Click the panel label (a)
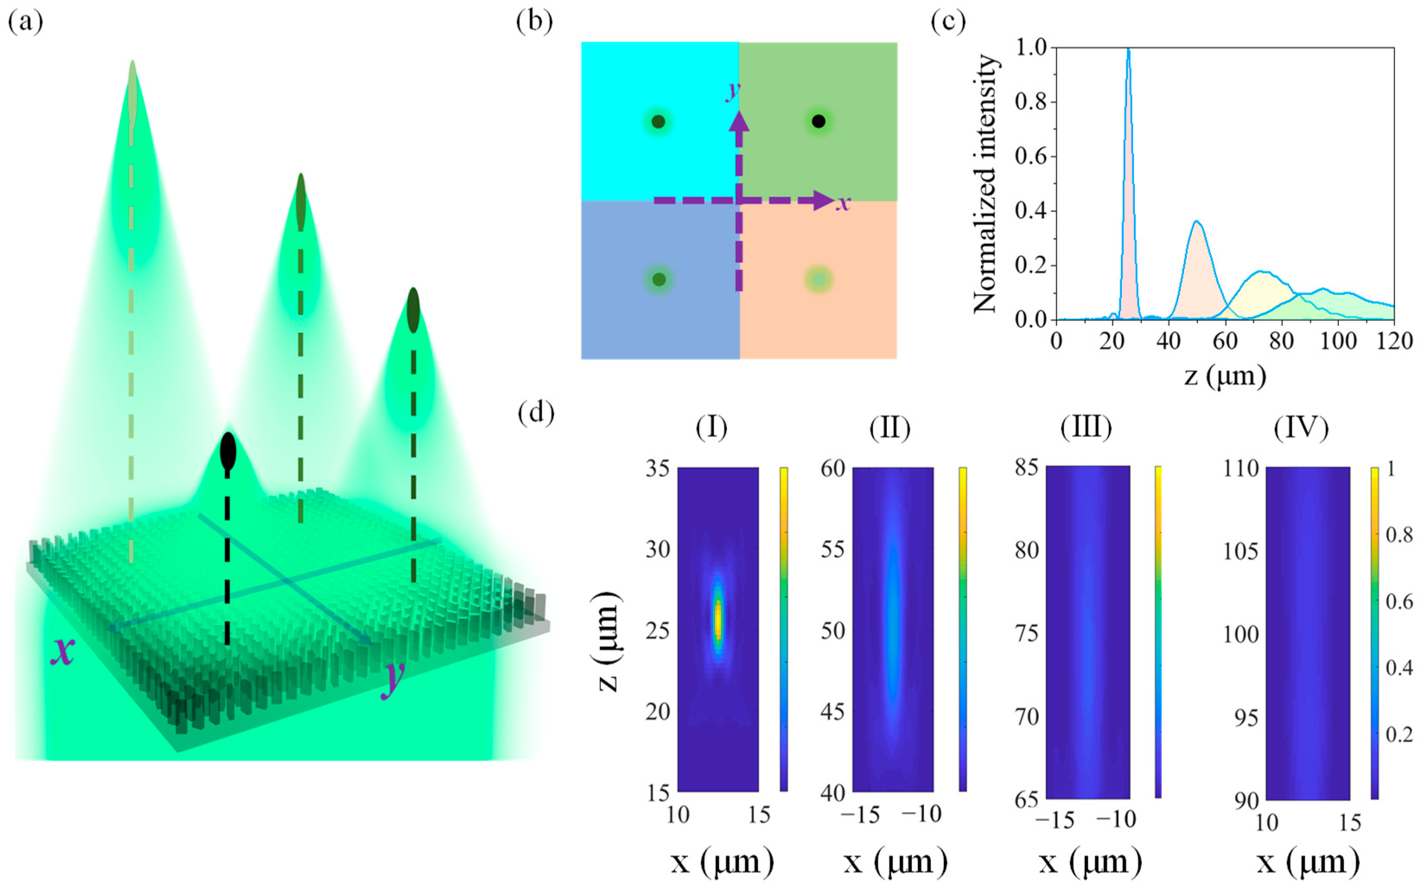[25, 22]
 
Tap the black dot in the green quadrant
[818, 121]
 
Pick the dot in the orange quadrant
[818, 279]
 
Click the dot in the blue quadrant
[659, 279]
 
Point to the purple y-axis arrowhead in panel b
[738, 120]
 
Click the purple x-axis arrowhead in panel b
[824, 201]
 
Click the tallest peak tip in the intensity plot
[1128, 50]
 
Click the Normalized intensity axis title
[986, 183]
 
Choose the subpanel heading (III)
[1086, 427]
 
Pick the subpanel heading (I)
[711, 427]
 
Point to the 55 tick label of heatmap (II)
[833, 550]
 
